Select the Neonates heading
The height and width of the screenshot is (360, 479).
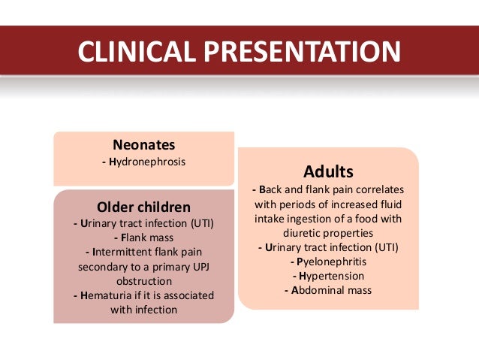coord(143,144)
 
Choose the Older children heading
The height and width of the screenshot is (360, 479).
coord(143,207)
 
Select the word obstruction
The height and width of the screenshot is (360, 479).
coord(143,280)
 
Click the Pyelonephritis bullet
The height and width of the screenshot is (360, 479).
coord(328,262)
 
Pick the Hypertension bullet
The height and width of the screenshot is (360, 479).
coord(328,276)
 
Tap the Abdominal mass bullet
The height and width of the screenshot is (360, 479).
coord(328,290)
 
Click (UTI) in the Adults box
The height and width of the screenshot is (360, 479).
coord(382,247)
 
